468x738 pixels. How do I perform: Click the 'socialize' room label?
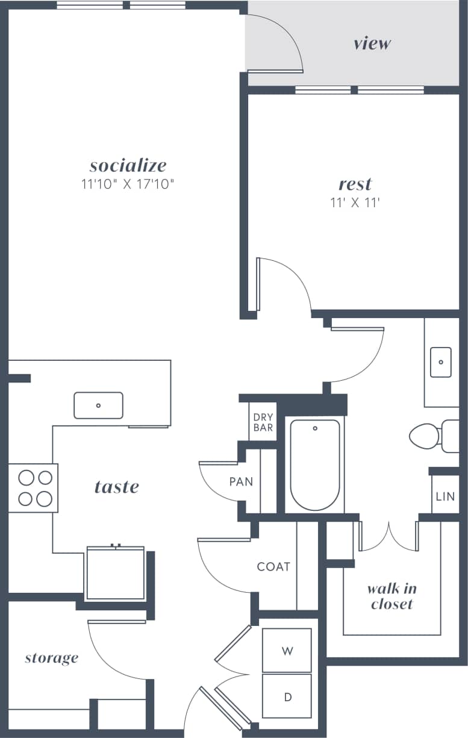point(128,165)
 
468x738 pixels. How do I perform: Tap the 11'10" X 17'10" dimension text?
point(128,184)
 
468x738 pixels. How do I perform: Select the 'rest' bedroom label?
point(355,183)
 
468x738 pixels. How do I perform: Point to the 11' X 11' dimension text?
point(355,202)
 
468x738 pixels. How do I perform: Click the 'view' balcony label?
point(372,43)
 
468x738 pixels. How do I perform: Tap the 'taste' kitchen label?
point(116,486)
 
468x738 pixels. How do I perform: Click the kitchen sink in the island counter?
point(98,405)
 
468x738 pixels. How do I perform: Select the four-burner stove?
point(34,488)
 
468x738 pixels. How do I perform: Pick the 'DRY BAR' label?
point(263,422)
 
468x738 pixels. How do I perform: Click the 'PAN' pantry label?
point(240,482)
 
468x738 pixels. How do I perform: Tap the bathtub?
point(314,465)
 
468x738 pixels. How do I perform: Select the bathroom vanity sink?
point(441,362)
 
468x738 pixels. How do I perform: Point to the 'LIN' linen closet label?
point(445,497)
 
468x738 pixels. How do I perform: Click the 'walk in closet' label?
point(392,596)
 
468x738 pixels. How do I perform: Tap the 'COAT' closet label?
point(273,566)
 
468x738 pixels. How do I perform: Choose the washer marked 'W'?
point(287,651)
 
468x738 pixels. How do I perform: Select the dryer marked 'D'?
point(287,696)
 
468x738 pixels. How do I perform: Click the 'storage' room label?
point(51,657)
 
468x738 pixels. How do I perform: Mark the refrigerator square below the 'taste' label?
point(114,573)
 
